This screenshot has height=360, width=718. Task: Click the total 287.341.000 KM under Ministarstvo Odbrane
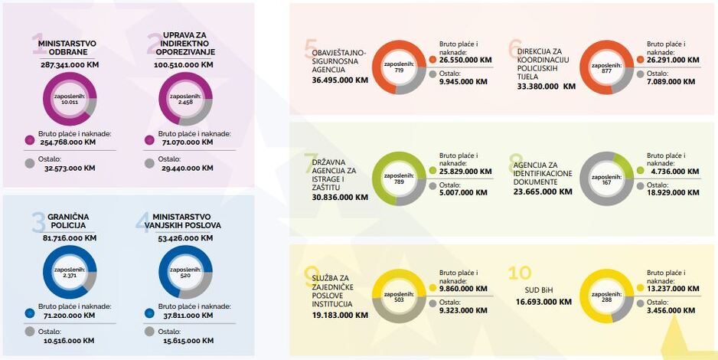pyautogui.click(x=70, y=64)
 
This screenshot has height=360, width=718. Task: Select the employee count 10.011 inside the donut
pyautogui.click(x=70, y=102)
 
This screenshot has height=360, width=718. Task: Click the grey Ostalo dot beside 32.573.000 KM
pyautogui.click(x=30, y=163)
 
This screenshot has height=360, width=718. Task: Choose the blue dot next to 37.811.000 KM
pyautogui.click(x=149, y=313)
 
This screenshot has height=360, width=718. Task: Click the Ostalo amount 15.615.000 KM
pyautogui.click(x=188, y=340)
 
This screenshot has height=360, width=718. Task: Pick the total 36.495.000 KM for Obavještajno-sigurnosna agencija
pyautogui.click(x=340, y=80)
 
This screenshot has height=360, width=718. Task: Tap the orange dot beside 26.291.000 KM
pyautogui.click(x=640, y=60)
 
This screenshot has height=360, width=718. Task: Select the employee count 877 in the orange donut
pyautogui.click(x=607, y=70)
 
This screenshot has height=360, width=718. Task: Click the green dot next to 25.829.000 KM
pyautogui.click(x=432, y=171)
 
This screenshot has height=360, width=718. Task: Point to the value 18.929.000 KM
pyautogui.click(x=673, y=193)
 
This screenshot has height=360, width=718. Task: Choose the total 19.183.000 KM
pyautogui.click(x=340, y=315)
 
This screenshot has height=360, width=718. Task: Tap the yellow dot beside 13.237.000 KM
pyautogui.click(x=640, y=288)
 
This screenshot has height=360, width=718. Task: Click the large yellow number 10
pyautogui.click(x=520, y=273)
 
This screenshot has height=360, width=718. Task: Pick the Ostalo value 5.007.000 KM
pyautogui.click(x=463, y=193)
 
